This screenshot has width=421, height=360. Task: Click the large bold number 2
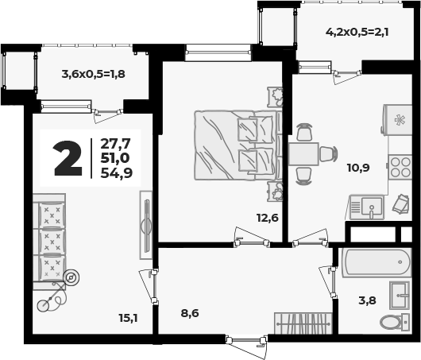coord(68,158)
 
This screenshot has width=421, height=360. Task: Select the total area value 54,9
coord(117,173)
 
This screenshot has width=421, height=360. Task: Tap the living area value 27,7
coord(115,144)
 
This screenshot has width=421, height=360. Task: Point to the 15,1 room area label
coord(128,319)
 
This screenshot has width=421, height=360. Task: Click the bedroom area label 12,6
coord(268,218)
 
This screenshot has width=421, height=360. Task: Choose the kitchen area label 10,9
coord(358,168)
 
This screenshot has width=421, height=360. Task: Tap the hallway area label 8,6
coord(190,313)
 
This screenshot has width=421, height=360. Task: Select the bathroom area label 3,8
coord(367,300)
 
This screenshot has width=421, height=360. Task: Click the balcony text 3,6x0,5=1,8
coord(94,74)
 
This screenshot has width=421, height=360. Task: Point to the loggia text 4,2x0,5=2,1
coord(357,33)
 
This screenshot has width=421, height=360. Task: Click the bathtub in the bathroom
coord(377,262)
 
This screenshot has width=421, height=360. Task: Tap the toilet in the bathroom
coord(395,322)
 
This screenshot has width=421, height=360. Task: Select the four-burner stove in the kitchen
coord(400,167)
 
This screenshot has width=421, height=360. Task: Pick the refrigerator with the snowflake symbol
coord(397,120)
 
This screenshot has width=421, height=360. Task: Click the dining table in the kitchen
coord(303,154)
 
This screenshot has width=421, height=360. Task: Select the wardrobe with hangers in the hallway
coord(303,323)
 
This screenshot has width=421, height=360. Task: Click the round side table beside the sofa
coord(71,277)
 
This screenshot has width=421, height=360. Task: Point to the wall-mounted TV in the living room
coord(146,225)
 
